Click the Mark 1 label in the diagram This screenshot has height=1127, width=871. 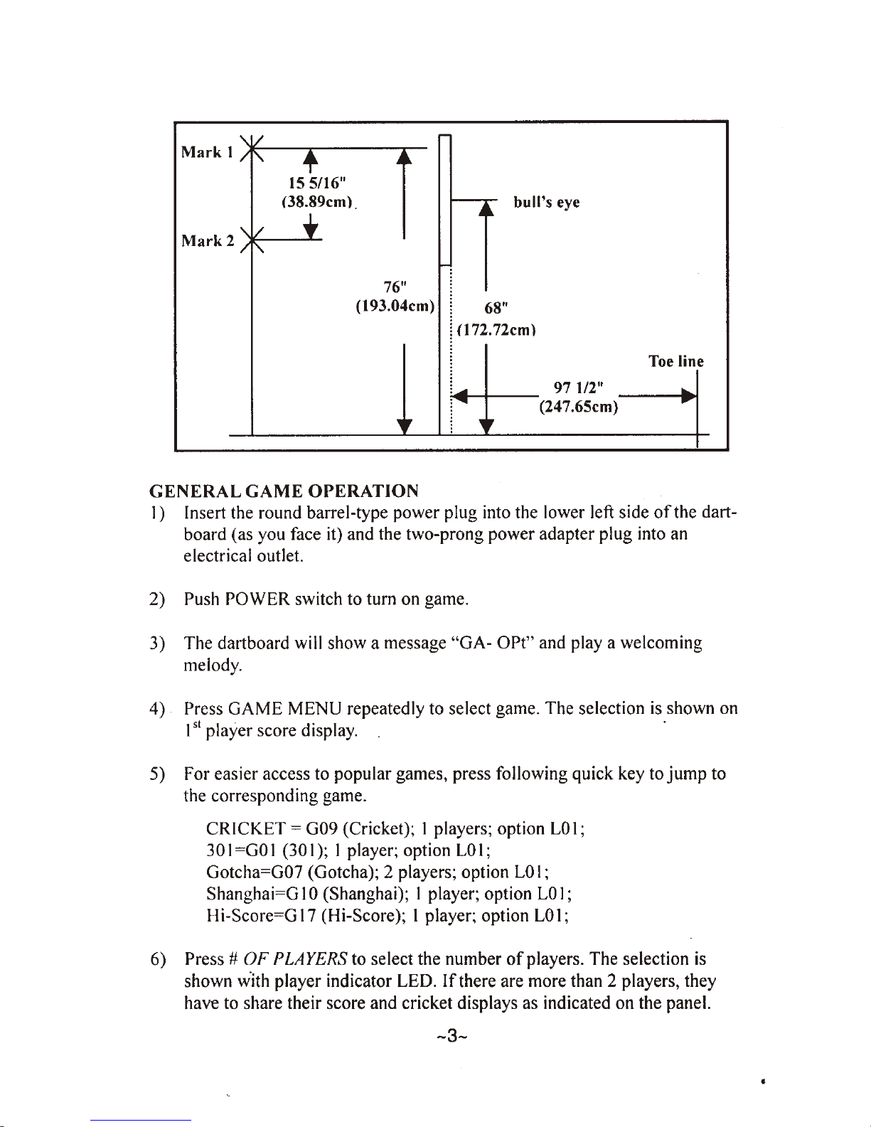207,152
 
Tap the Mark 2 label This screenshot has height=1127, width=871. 208,240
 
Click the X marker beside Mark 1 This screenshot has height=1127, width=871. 252,149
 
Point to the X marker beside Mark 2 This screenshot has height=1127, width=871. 252,240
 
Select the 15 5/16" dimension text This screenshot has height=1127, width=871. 317,183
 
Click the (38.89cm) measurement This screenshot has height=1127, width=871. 317,201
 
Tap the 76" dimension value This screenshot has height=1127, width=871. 395,287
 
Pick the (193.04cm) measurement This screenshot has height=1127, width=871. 395,306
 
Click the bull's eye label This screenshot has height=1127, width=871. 547,202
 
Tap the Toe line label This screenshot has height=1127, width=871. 676,361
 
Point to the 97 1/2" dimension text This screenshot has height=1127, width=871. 579,388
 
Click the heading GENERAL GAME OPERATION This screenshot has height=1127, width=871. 284,491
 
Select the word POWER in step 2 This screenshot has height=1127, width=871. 257,599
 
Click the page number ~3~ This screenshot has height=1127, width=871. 452,1036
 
